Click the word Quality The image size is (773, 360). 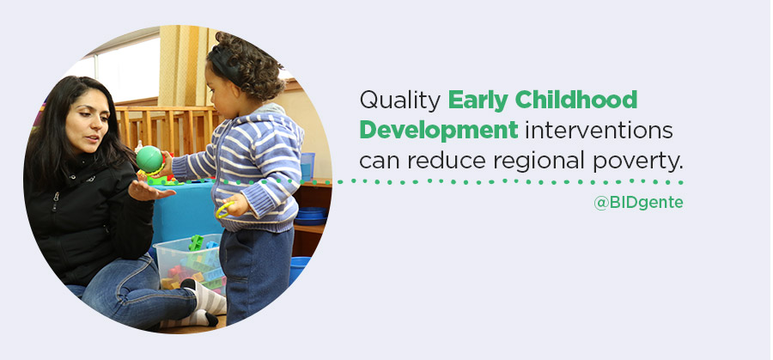tap(399, 101)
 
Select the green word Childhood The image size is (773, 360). tap(576, 100)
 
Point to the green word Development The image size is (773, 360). tap(439, 131)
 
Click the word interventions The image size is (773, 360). tap(599, 131)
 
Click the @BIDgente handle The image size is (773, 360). tap(638, 203)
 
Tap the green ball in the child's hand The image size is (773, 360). tap(149, 159)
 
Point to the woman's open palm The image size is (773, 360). tap(148, 192)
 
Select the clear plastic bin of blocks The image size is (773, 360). tap(189, 264)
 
